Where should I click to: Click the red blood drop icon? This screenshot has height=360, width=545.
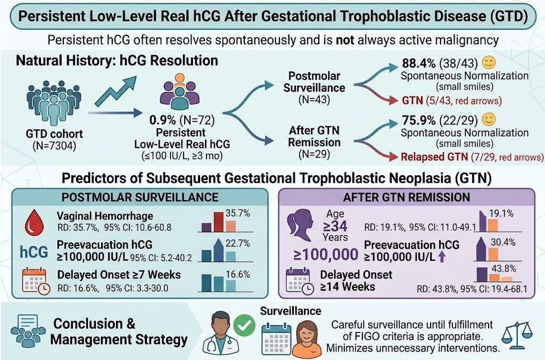point(35,223)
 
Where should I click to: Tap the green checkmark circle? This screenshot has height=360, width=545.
point(244,325)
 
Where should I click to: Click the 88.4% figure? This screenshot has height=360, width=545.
point(418,63)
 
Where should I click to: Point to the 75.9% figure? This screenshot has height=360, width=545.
point(418,120)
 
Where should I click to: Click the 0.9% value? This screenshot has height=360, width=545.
point(162,120)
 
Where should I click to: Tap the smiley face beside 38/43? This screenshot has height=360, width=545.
point(489,63)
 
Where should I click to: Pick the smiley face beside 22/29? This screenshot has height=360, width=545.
point(489,119)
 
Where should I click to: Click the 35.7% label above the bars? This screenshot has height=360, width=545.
point(238,213)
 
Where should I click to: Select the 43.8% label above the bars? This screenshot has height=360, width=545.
point(503,268)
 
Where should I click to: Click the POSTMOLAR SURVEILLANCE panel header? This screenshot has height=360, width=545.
point(140,197)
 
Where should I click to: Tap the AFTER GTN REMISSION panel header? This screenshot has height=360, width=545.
point(406,197)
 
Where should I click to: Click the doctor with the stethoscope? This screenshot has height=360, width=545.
point(219,332)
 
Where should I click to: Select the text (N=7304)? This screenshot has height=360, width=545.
point(54,145)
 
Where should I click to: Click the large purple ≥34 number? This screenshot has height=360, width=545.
point(335,226)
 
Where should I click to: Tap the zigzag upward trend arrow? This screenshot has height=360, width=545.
point(115,91)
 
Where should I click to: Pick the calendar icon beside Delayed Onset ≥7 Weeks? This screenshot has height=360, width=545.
point(36,281)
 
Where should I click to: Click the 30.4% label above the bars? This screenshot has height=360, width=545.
point(503,242)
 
